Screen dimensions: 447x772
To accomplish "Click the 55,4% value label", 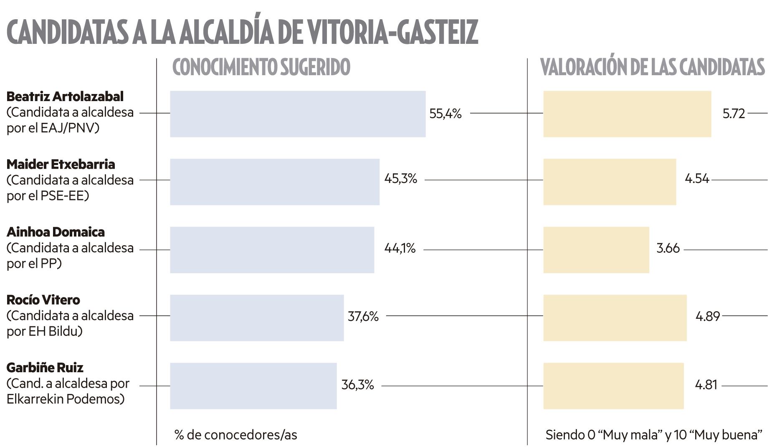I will [x=445, y=114].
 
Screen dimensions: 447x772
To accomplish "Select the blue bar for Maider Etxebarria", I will [x=274, y=182].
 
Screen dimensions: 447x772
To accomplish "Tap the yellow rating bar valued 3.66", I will [x=596, y=250].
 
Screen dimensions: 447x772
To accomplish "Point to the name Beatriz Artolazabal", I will [x=65, y=97].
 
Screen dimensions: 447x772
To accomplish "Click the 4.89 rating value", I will [x=707, y=316].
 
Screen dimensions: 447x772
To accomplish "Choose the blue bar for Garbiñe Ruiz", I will [x=253, y=386].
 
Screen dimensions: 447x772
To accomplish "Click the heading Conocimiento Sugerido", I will [x=261, y=68].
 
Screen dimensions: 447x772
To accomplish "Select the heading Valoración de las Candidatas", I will [x=652, y=68].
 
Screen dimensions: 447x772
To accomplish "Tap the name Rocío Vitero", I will [x=43, y=300].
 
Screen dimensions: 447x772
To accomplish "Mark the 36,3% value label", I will [x=357, y=385].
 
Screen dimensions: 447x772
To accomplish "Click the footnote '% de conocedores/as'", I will [x=235, y=435].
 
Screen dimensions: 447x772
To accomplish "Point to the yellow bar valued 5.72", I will [x=627, y=114].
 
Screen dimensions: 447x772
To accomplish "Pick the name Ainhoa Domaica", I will [x=56, y=232].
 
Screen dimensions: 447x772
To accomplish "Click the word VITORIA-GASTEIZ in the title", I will [x=394, y=32].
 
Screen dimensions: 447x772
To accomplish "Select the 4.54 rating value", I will [x=696, y=179].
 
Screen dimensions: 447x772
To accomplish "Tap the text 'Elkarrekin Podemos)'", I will [x=66, y=399].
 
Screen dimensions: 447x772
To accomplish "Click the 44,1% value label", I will [x=400, y=249].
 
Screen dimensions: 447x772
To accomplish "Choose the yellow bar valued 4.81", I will [x=613, y=386].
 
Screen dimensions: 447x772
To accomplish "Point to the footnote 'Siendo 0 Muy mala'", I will [x=653, y=435].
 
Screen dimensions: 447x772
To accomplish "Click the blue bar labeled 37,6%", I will [x=256, y=317].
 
